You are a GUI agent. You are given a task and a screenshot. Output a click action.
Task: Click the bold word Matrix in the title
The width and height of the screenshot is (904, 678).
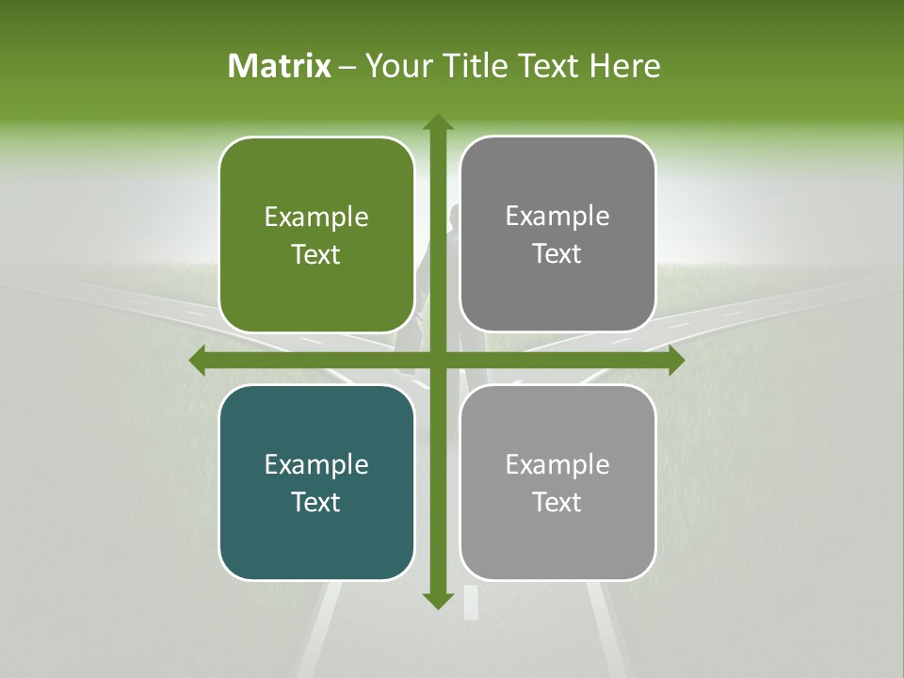tap(280, 66)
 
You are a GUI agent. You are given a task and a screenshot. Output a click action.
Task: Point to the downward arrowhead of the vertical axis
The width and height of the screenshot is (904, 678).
tap(437, 600)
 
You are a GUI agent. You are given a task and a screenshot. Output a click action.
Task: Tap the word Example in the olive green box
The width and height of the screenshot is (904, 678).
tap(316, 218)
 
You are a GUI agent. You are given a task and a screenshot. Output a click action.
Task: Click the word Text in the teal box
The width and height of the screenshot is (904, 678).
tap(316, 502)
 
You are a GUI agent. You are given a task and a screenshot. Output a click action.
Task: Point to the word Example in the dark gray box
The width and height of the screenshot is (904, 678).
tap(557, 217)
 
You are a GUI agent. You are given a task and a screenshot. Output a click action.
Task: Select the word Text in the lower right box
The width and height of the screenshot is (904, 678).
tap(557, 502)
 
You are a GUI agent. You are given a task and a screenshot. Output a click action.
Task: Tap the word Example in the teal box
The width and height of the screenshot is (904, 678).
tap(316, 464)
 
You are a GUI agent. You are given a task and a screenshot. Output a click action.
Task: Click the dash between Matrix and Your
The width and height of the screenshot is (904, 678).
tap(347, 67)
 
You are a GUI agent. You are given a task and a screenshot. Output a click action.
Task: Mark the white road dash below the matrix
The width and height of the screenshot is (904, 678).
tap(471, 604)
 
